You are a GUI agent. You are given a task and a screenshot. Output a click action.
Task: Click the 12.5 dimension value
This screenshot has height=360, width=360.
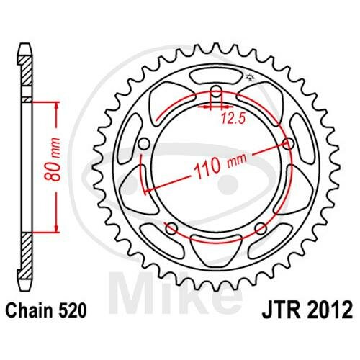(233, 119)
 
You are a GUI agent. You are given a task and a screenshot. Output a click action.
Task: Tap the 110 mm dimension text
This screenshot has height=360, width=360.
(220, 166)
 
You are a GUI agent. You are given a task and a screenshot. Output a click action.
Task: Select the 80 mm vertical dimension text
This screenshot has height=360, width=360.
(53, 159)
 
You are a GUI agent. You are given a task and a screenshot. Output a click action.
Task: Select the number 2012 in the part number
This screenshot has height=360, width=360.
(328, 310)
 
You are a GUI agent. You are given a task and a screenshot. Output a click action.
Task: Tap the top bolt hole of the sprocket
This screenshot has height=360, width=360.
(217, 91)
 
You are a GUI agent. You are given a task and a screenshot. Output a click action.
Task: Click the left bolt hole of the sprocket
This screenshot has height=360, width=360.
(145, 144)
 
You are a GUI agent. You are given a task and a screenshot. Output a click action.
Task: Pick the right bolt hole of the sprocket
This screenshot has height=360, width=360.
(289, 144)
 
